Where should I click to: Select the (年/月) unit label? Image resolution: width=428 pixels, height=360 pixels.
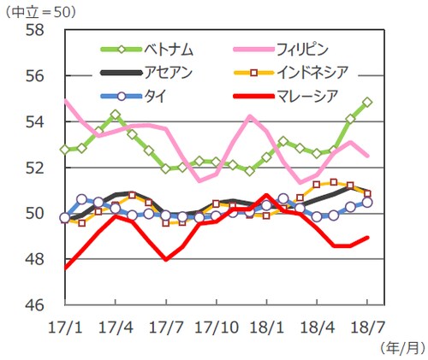coord(398,346)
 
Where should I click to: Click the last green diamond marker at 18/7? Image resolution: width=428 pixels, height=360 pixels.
coord(367,102)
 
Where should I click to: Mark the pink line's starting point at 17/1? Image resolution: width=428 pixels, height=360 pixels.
coord(66,102)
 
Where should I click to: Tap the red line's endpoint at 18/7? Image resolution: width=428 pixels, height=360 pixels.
coord(367,238)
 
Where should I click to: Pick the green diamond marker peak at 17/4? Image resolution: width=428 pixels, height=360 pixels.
coord(116,115)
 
